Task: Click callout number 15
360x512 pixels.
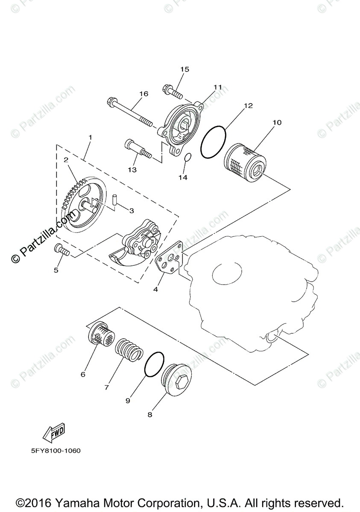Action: pos(184,69)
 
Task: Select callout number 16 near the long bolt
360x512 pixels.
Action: pos(143,94)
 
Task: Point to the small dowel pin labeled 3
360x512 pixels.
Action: pos(114,198)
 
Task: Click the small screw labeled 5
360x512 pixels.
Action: pos(61,250)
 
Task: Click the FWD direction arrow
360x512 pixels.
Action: pos(53,433)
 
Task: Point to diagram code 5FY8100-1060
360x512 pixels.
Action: pos(54,451)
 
